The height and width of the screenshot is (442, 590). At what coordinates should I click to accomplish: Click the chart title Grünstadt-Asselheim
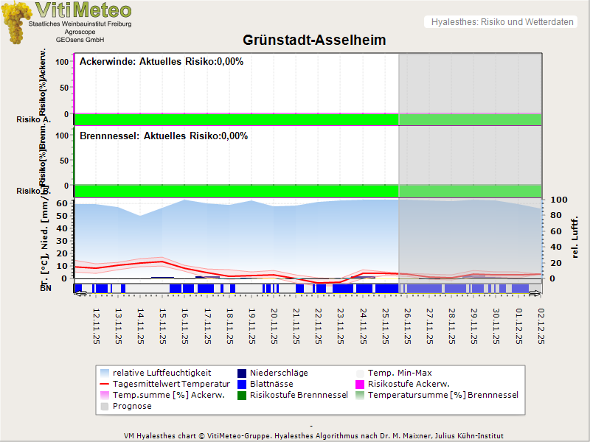click(314, 40)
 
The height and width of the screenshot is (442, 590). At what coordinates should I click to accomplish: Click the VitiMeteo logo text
click(83, 10)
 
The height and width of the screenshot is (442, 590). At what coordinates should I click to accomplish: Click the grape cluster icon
click(16, 22)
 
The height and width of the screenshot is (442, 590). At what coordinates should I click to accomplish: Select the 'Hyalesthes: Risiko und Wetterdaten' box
click(502, 22)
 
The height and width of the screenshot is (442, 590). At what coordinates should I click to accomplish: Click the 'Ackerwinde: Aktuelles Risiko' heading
click(162, 62)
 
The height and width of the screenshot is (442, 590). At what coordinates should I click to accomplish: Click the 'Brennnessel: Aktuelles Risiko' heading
click(164, 136)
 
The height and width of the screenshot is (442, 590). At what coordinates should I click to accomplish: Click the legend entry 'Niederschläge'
click(279, 373)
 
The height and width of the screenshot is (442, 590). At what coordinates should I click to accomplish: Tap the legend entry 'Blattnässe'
click(271, 384)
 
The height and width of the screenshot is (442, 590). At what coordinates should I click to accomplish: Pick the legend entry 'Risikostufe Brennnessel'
click(299, 395)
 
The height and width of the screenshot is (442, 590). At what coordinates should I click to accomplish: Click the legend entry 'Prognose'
click(132, 406)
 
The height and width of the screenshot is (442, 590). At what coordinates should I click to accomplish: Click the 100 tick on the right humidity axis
click(559, 200)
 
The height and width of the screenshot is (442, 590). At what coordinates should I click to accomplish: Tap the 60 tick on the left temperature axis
click(62, 203)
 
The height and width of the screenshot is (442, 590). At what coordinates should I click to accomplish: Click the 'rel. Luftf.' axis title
click(575, 236)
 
